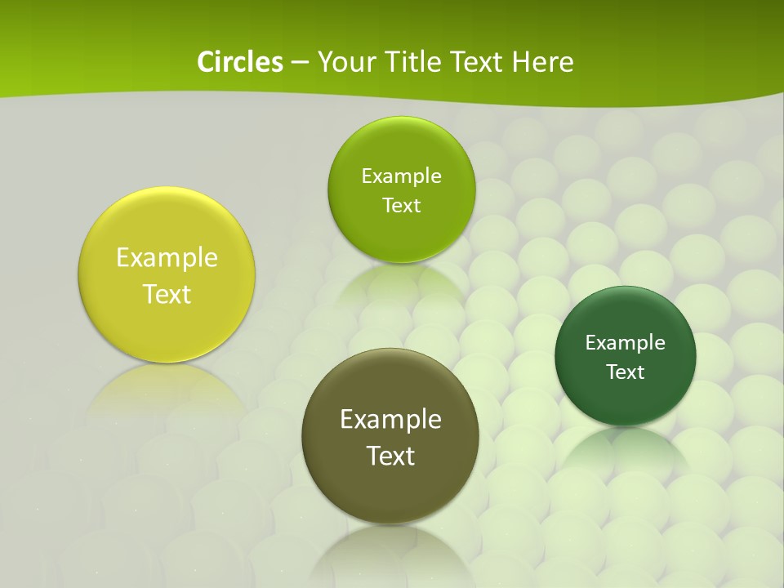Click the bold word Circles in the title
click(239, 62)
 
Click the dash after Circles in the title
click(299, 63)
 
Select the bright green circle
click(401, 237)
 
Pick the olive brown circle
click(390, 490)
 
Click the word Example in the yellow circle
click(167, 258)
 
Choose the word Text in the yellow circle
click(167, 294)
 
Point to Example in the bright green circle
click(401, 176)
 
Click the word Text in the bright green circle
click(401, 206)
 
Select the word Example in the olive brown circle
click(390, 420)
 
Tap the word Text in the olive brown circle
click(390, 456)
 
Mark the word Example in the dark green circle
click(626, 343)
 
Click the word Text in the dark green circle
click(626, 372)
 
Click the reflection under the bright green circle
click(401, 282)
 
